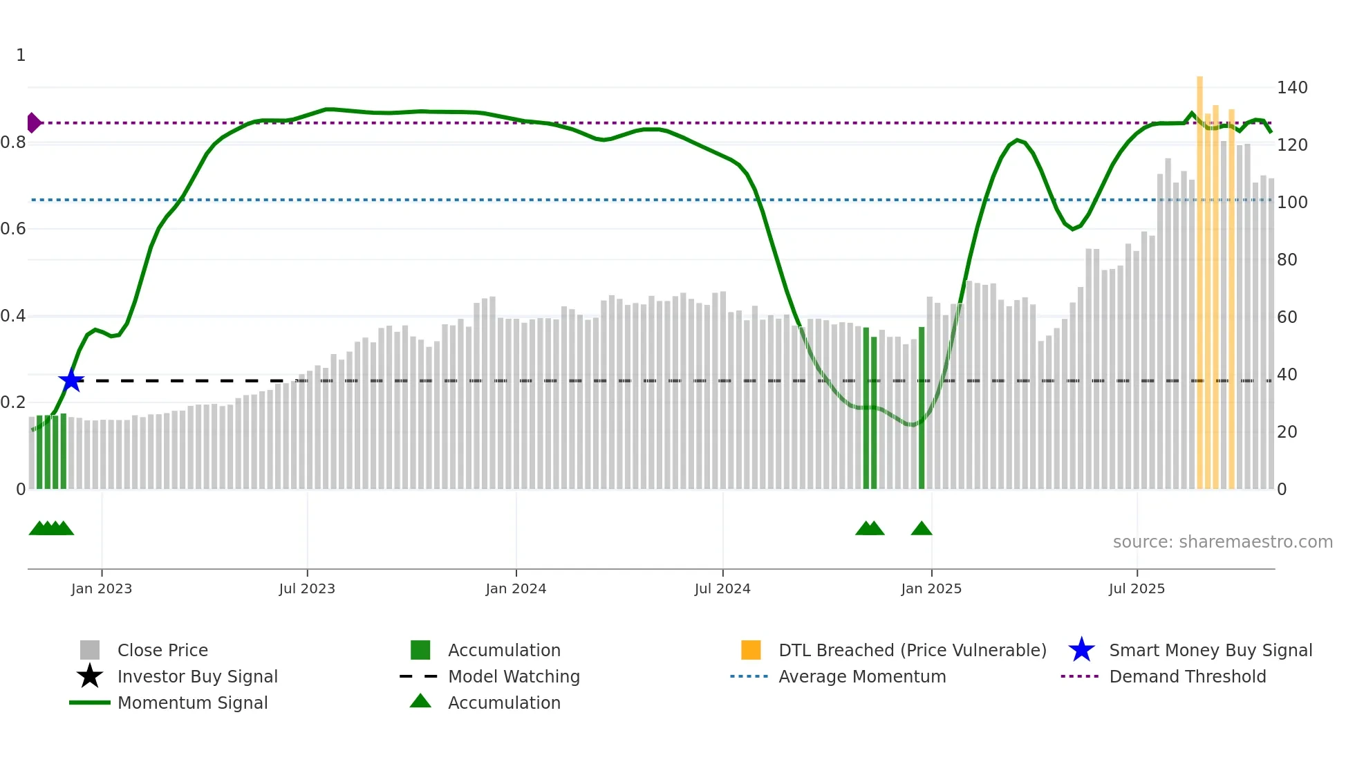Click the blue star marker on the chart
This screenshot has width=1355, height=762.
click(x=71, y=380)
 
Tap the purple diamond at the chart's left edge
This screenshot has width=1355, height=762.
click(x=33, y=122)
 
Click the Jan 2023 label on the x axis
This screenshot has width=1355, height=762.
click(x=102, y=588)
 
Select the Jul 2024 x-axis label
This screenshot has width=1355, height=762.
click(x=722, y=588)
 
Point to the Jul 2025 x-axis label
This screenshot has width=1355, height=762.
click(x=1137, y=588)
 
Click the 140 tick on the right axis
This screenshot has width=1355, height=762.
click(x=1292, y=88)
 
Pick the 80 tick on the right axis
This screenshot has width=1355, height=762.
click(x=1287, y=260)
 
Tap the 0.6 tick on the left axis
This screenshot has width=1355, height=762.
click(x=13, y=229)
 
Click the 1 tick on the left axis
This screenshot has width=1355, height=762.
click(x=21, y=55)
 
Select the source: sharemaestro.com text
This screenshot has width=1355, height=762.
click(x=1222, y=542)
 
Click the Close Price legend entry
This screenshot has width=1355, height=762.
click(x=162, y=651)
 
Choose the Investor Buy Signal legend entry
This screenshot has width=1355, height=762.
click(x=197, y=677)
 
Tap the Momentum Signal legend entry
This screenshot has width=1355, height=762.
click(x=192, y=703)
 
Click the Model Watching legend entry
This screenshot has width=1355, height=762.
click(x=514, y=677)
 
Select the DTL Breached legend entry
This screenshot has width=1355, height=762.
click(x=912, y=651)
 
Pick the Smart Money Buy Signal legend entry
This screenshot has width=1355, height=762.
click(x=1210, y=651)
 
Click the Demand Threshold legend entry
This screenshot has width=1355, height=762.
click(x=1187, y=677)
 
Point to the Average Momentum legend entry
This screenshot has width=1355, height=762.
click(x=862, y=677)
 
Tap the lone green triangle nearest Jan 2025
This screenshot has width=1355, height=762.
click(x=922, y=529)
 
